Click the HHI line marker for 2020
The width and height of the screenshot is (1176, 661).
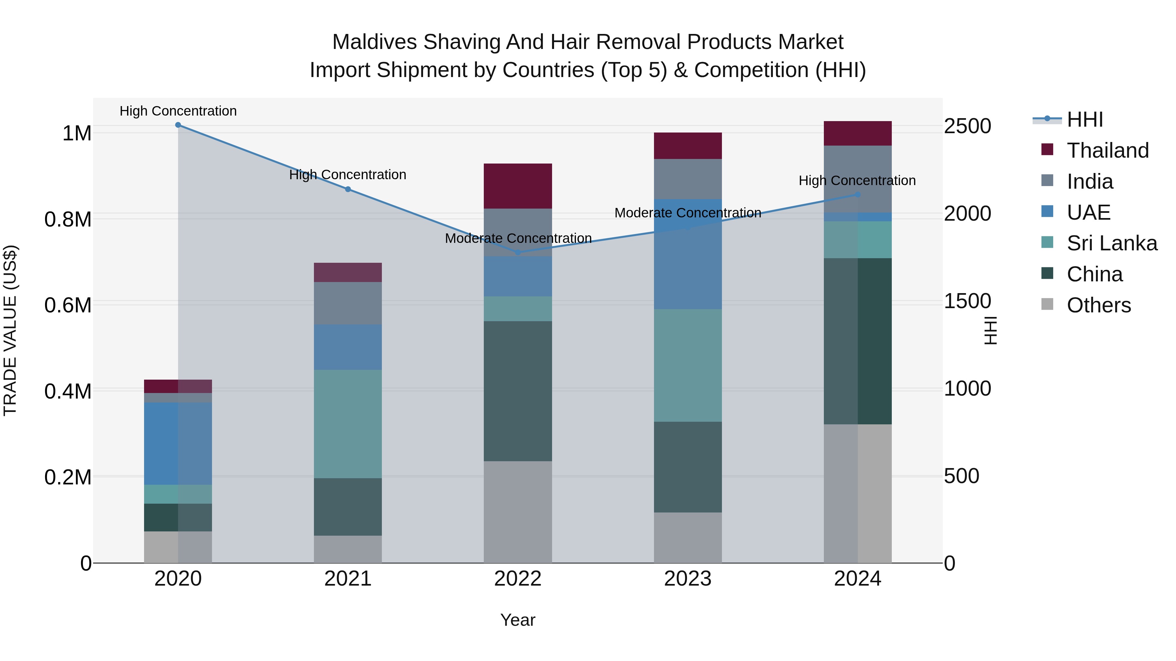[x=178, y=125]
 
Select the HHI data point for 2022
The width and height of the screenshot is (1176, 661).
[x=518, y=252]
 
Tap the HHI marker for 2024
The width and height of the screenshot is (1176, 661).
[x=857, y=195]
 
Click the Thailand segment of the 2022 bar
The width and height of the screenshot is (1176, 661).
[x=518, y=186]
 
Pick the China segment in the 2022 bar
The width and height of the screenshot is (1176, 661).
[x=518, y=391]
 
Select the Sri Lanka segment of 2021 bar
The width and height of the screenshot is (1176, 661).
[x=348, y=424]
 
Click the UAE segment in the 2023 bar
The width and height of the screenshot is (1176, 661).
[x=688, y=254]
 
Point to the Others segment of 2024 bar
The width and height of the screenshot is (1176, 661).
[x=857, y=494]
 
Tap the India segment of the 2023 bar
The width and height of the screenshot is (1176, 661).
[x=688, y=179]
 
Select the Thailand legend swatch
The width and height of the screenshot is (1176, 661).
[x=1047, y=150]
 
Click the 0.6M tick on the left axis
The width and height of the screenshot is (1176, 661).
[x=68, y=305]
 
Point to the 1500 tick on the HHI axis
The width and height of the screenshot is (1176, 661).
[x=967, y=301]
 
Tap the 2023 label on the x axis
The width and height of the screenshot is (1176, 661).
[x=688, y=579]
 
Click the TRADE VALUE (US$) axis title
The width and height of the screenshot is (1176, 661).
[x=10, y=330]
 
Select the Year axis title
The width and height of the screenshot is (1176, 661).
[x=518, y=620]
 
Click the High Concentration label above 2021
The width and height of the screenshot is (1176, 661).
[x=348, y=175]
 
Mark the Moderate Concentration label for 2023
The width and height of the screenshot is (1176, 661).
[x=688, y=213]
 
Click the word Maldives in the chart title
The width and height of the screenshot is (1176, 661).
[x=374, y=42]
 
